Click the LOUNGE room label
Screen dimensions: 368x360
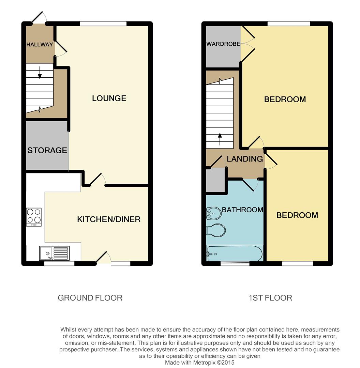pyautogui.click(x=109, y=98)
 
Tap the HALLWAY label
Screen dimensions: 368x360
pyautogui.click(x=40, y=44)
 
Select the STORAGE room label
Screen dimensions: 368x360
pyautogui.click(x=47, y=150)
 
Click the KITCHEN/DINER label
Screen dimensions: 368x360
pyautogui.click(x=109, y=219)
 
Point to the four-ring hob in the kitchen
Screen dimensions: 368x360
pyautogui.click(x=34, y=217)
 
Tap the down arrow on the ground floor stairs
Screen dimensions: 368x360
pyautogui.click(x=40, y=73)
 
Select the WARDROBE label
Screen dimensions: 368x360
pyautogui.click(x=223, y=44)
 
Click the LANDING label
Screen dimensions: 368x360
pyautogui.click(x=245, y=159)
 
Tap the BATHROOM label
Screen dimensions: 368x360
pyautogui.click(x=242, y=210)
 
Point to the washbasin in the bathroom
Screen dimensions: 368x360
pyautogui.click(x=213, y=214)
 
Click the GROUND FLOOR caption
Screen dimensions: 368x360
pyautogui.click(x=90, y=298)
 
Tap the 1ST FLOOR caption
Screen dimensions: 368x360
pyautogui.click(x=270, y=298)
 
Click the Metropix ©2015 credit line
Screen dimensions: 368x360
pyautogui.click(x=200, y=363)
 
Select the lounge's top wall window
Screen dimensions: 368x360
pyautogui.click(x=103, y=24)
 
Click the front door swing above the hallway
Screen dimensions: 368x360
pyautogui.click(x=39, y=18)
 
